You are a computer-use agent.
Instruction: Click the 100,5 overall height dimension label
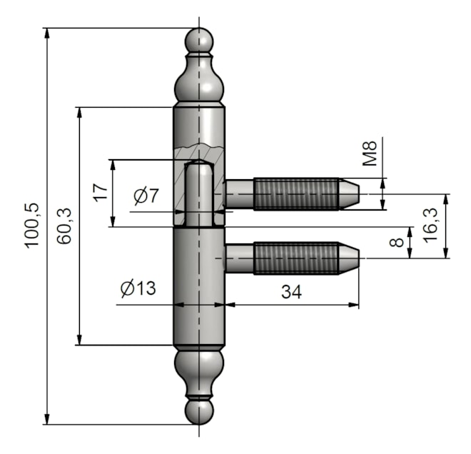click(32, 226)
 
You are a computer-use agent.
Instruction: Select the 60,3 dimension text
click(64, 226)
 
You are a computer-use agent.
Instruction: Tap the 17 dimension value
click(101, 192)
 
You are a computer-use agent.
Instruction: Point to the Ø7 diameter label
click(146, 196)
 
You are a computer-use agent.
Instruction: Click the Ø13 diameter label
click(138, 288)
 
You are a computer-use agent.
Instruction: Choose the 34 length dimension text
click(291, 291)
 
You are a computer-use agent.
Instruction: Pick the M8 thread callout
click(370, 153)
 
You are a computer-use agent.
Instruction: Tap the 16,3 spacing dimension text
click(430, 224)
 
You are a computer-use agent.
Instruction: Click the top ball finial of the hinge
click(199, 41)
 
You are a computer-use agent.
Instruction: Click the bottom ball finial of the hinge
click(199, 412)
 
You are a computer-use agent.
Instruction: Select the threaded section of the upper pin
click(297, 194)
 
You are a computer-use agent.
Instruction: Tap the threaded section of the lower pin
click(297, 258)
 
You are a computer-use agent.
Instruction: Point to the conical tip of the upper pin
click(349, 194)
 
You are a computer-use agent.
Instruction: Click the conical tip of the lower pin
click(349, 258)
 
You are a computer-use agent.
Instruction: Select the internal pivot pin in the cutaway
click(199, 193)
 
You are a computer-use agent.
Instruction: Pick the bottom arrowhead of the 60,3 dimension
click(79, 340)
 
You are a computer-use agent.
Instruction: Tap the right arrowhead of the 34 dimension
click(353, 305)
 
